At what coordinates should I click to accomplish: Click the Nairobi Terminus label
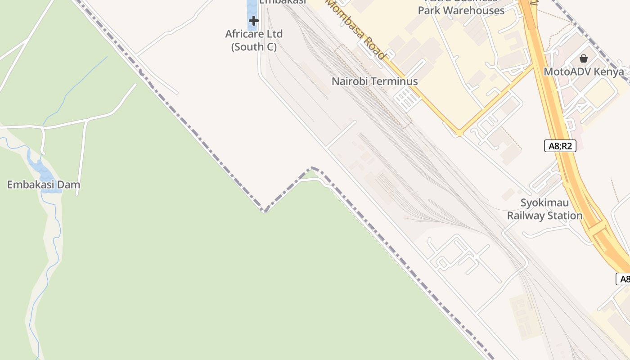(x=374, y=81)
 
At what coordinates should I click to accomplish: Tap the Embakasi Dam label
(x=44, y=184)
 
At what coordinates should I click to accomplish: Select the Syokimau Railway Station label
(x=544, y=209)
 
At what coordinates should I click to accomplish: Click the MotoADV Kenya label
(x=584, y=72)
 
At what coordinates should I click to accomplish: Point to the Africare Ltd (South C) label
(x=254, y=40)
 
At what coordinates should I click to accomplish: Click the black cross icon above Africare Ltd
(x=254, y=20)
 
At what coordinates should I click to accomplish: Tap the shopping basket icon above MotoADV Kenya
(x=584, y=58)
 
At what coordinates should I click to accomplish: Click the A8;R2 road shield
(x=560, y=146)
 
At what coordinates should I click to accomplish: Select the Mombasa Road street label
(x=356, y=30)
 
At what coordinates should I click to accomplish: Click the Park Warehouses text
(x=461, y=10)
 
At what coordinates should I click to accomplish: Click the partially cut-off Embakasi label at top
(x=283, y=2)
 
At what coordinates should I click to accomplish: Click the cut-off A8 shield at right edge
(x=624, y=279)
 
